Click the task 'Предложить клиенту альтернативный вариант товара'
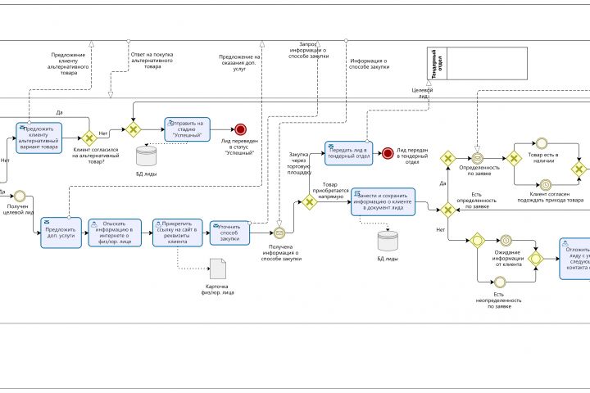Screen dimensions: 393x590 click(39, 137)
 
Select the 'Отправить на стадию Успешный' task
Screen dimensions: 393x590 click(187, 129)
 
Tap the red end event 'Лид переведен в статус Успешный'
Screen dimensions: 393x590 click(240, 129)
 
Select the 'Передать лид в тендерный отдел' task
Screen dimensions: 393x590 click(348, 152)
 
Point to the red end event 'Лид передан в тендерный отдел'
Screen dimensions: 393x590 click(388, 153)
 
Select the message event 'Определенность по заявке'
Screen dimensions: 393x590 click(478, 158)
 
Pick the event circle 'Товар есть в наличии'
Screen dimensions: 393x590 click(542, 142)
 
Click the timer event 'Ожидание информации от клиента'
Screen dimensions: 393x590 click(506, 241)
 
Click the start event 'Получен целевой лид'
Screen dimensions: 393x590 click(20, 197)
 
